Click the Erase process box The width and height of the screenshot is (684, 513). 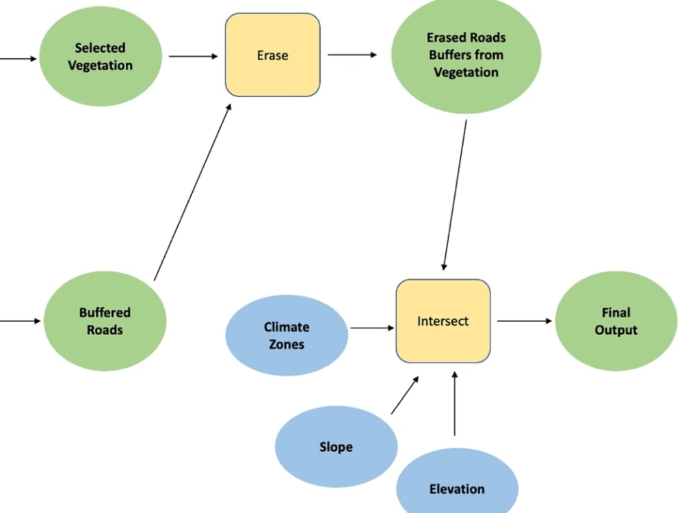(272, 55)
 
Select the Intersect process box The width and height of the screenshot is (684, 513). (443, 321)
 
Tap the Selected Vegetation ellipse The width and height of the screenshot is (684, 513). (100, 57)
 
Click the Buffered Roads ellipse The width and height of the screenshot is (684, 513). (105, 321)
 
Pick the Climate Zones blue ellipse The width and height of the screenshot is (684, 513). (287, 335)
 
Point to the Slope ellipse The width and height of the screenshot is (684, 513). (336, 447)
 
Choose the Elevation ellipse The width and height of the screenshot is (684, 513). (457, 487)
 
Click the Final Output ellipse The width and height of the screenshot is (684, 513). (616, 321)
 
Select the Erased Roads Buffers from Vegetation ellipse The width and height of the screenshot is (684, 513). (466, 55)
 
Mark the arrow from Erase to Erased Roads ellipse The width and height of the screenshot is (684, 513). (352, 55)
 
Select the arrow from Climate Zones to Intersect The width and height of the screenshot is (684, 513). (372, 328)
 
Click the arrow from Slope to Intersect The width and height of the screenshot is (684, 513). (404, 395)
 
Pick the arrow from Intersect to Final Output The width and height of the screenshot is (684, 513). (524, 320)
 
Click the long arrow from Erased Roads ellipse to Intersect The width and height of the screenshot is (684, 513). (456, 195)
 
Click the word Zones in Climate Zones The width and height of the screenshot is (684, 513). (287, 344)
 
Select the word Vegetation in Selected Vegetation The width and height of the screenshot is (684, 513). (100, 66)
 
